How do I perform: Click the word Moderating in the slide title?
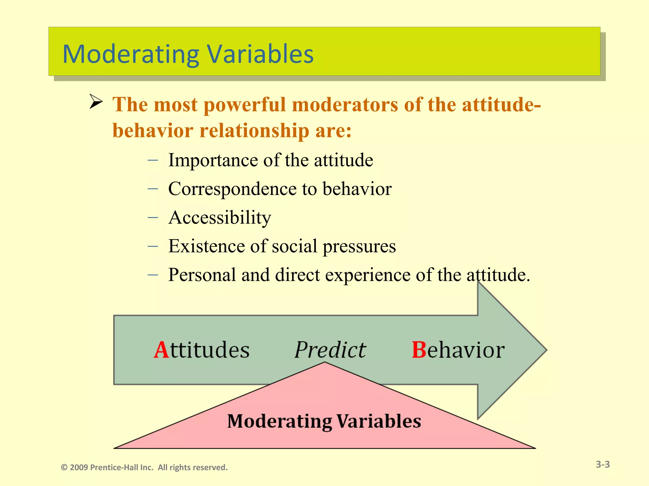131,54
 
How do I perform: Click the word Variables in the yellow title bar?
260,54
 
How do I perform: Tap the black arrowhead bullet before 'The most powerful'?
95,102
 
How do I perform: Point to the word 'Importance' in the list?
213,160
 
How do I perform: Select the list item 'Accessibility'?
220,218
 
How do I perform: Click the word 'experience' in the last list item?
368,275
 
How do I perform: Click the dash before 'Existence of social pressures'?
153,246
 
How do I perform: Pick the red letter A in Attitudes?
161,350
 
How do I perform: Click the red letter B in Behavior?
419,350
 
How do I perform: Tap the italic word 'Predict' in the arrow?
330,350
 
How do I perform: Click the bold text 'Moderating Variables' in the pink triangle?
324,421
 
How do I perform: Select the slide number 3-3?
602,464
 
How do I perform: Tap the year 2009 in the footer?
79,468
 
